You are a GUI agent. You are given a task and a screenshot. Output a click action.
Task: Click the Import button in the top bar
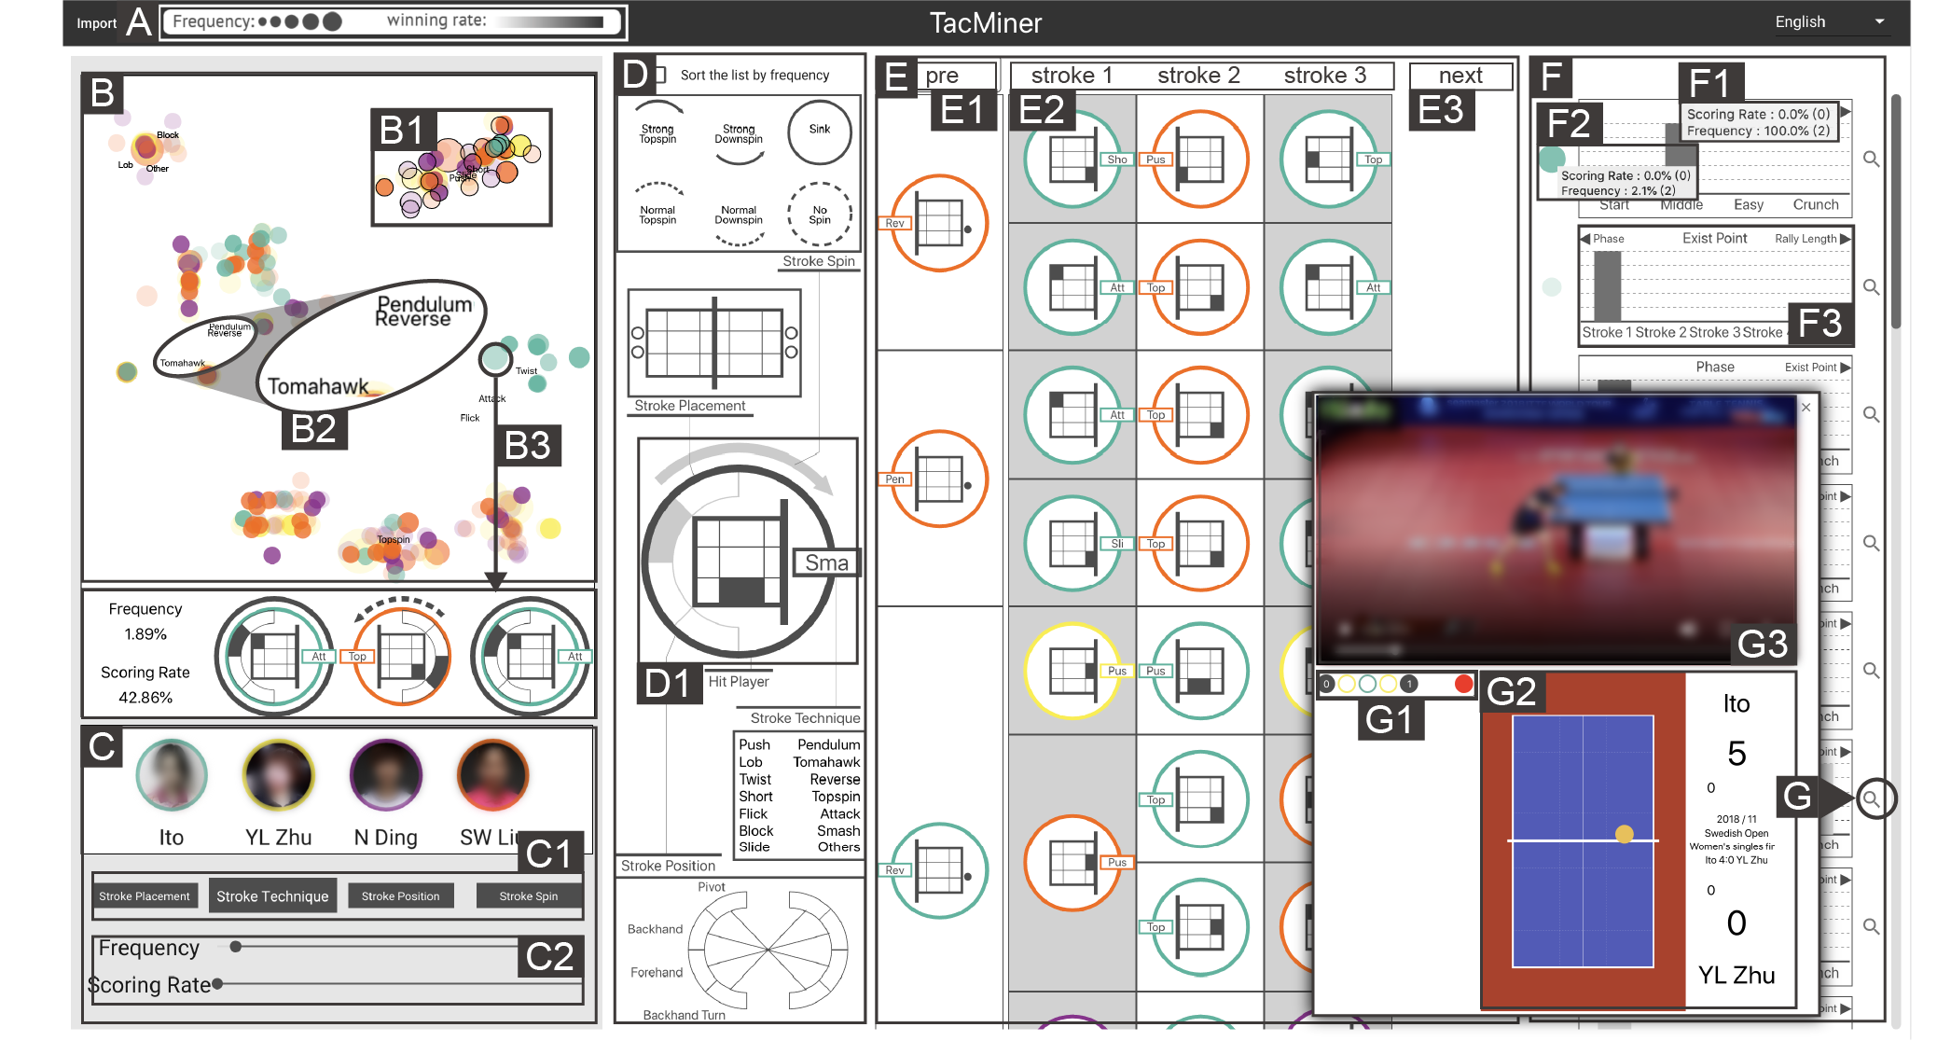(96, 23)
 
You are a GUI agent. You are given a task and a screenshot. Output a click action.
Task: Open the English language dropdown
(1828, 22)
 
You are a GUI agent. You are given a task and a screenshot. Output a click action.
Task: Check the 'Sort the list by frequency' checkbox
(660, 75)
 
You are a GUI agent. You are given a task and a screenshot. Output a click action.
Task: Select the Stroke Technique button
(272, 896)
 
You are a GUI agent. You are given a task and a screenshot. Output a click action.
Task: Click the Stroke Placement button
(145, 896)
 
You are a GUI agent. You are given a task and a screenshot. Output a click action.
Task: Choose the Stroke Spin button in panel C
(528, 896)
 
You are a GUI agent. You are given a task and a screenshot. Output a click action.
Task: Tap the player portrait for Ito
(172, 775)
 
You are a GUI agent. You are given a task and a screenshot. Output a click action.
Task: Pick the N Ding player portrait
(385, 775)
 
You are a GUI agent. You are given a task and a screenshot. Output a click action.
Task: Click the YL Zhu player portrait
(278, 775)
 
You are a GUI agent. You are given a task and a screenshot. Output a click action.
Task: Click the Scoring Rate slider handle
(217, 983)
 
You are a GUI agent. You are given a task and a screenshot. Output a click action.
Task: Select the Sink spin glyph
(819, 132)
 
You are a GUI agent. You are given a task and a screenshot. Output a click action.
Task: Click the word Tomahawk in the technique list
(826, 762)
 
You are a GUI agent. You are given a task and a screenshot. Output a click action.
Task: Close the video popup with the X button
(1806, 408)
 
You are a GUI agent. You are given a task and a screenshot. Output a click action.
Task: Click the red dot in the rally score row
(1463, 684)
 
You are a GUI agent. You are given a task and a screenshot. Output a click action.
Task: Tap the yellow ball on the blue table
(1624, 834)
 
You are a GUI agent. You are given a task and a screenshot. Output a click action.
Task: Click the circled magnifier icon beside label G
(1875, 798)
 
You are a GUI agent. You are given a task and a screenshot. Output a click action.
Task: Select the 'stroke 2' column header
(1198, 76)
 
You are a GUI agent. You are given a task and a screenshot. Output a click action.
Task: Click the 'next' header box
(1460, 76)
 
